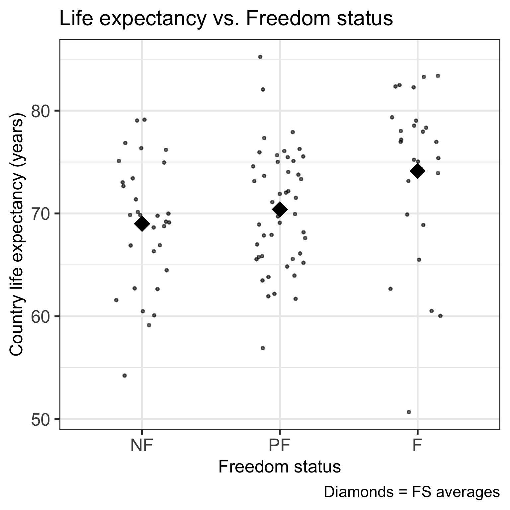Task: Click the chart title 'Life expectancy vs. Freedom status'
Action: coord(226,19)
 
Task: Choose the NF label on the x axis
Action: coord(142,446)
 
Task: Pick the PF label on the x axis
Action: coord(280,446)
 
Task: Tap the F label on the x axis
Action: coord(417,446)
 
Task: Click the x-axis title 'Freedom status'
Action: coord(280,467)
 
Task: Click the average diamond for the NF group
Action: coord(142,224)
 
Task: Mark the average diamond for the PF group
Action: coord(280,209)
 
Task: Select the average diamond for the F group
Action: coord(417,171)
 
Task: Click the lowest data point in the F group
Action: coord(409,412)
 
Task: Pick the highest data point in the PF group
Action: coord(260,57)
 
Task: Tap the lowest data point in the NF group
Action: coord(125,376)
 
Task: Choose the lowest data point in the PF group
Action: coord(263,348)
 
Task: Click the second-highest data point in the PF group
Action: coord(263,89)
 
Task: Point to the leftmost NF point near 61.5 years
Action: coord(116,300)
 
